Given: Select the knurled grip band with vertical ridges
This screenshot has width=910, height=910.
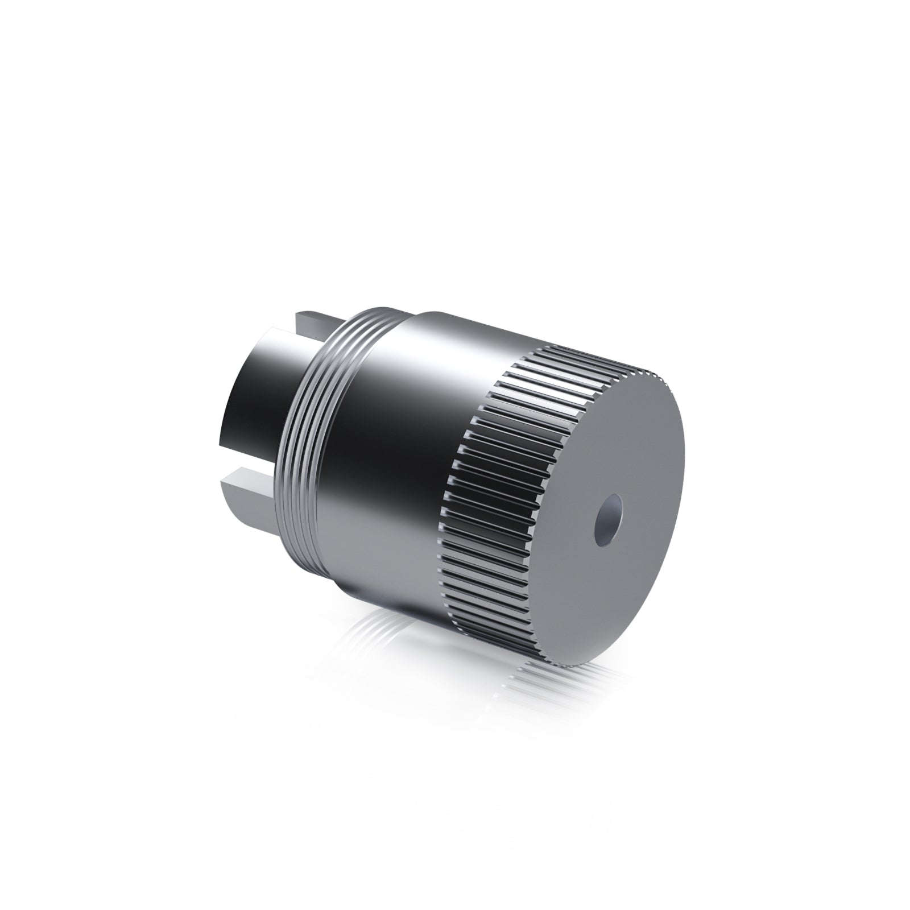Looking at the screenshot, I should point(489,472).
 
